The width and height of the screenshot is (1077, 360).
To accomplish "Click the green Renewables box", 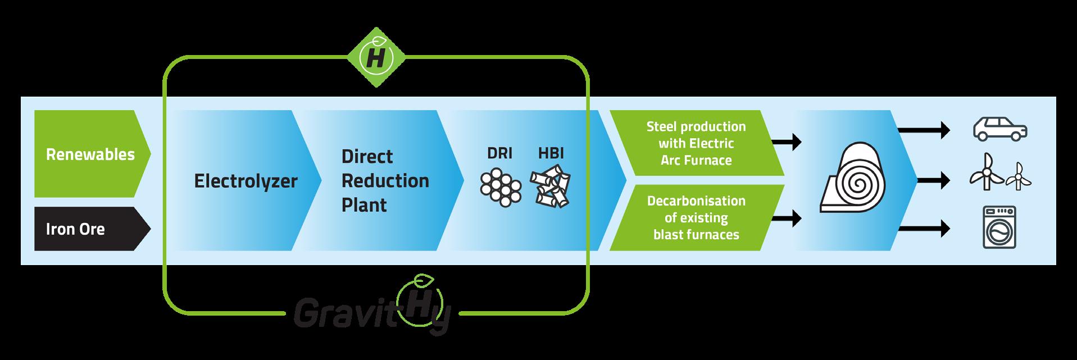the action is click(x=90, y=154).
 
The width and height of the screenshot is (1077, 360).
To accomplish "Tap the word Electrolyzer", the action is click(x=246, y=181).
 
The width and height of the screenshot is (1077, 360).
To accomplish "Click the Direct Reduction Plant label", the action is click(x=385, y=180).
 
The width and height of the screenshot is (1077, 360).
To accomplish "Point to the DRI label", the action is click(x=499, y=153).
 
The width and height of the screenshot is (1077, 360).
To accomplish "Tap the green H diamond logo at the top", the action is click(x=375, y=58).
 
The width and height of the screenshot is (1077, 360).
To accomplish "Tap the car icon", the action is click(x=999, y=129).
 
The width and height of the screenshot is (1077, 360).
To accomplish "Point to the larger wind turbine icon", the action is click(x=986, y=171).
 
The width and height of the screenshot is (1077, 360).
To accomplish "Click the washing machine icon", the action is click(x=999, y=227).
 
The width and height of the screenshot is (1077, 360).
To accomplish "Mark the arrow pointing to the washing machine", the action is click(x=924, y=228).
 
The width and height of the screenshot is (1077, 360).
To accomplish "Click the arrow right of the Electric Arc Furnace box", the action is click(x=787, y=142).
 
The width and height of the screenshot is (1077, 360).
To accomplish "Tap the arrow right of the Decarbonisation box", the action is click(x=787, y=217).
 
